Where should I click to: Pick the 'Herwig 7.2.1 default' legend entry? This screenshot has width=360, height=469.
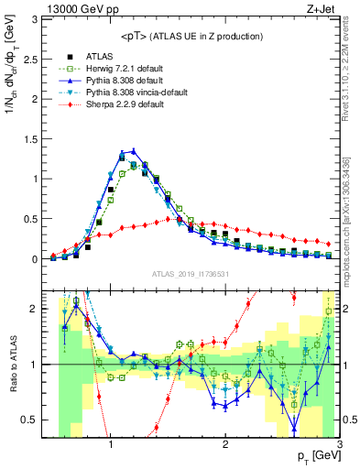(117, 69)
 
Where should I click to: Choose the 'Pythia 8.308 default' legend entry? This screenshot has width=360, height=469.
(115, 81)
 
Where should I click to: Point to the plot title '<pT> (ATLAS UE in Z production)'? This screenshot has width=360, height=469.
(191, 36)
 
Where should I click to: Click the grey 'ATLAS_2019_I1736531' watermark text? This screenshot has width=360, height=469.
(191, 274)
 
